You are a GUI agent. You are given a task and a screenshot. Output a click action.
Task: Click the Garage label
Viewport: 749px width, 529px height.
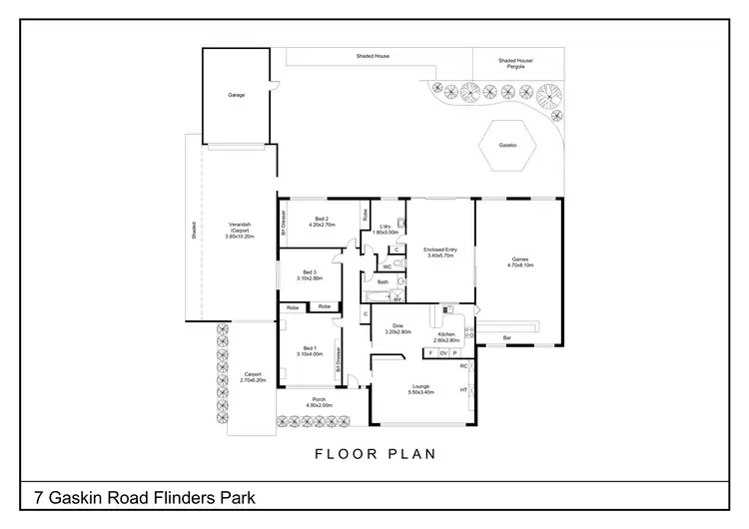click(236, 95)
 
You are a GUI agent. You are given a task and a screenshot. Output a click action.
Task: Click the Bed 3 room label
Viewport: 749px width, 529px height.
click(309, 275)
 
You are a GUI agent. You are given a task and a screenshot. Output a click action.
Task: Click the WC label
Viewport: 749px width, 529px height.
click(386, 266)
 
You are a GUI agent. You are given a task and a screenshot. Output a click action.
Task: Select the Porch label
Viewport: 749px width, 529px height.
click(318, 401)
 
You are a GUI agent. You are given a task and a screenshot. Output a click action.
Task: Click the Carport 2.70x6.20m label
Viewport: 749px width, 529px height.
click(253, 377)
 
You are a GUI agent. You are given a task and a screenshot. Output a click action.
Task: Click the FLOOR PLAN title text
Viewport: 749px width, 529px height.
click(374, 454)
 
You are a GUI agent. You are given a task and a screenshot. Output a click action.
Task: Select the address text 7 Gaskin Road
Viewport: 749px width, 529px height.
click(145, 496)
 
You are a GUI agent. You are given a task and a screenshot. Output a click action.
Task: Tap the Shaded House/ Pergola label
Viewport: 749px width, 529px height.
click(516, 64)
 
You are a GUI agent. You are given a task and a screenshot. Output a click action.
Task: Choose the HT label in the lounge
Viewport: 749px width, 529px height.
click(463, 389)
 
